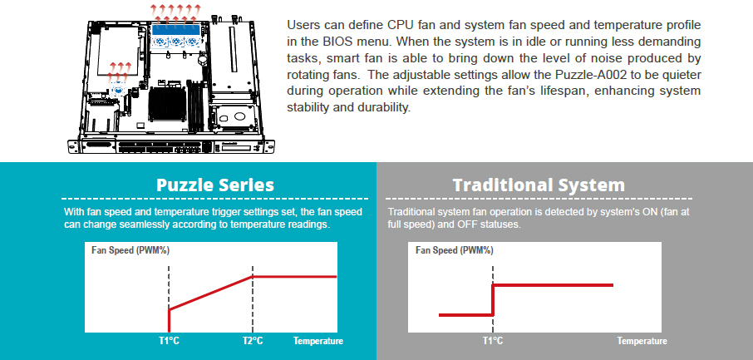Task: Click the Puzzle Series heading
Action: [x=214, y=185]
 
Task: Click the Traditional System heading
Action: [x=539, y=185]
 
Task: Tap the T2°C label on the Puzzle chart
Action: [x=252, y=341]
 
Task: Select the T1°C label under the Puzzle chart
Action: [x=169, y=341]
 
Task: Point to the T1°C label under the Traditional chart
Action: [x=493, y=341]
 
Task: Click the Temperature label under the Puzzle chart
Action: [x=318, y=341]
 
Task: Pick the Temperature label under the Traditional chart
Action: [x=642, y=341]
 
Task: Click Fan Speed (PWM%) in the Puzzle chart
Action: [x=130, y=250]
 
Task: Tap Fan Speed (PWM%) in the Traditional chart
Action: [x=455, y=250]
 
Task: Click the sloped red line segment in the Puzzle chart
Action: [x=211, y=293]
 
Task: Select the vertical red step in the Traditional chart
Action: [x=493, y=300]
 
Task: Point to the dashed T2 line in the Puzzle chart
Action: [x=252, y=298]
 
